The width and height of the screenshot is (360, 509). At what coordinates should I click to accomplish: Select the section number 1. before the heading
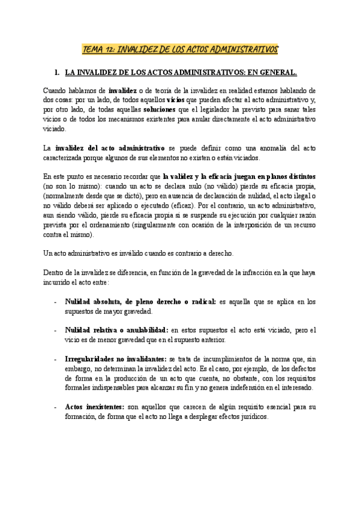[x=58, y=73]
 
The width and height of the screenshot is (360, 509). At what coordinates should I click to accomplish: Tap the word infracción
[x=241, y=273]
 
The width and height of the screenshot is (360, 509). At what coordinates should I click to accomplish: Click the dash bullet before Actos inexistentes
[x=56, y=407]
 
